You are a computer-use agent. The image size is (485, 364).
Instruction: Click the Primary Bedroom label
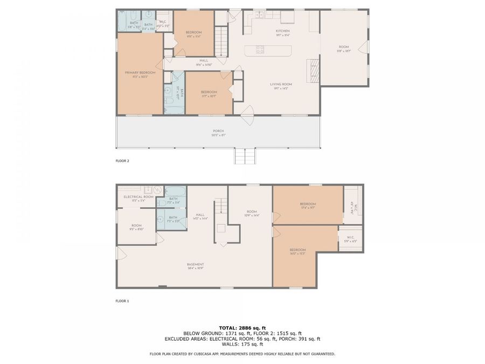coord(140,73)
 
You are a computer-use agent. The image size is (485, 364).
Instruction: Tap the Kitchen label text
coord(283,31)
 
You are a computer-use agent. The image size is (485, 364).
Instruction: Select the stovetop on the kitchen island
coord(260,50)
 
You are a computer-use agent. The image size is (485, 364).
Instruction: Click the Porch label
coord(218,131)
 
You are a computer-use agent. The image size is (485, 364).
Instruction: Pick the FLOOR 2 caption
coord(122,161)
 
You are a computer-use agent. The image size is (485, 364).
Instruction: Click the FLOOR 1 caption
coord(122,301)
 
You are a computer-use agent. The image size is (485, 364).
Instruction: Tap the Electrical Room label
coord(138,197)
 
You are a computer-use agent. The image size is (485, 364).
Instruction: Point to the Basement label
coord(195,264)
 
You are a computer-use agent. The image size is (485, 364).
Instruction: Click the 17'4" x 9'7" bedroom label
coord(308,204)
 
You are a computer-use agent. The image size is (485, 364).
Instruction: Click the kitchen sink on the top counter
coord(259,15)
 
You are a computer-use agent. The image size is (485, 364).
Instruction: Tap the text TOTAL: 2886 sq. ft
coord(242,328)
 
